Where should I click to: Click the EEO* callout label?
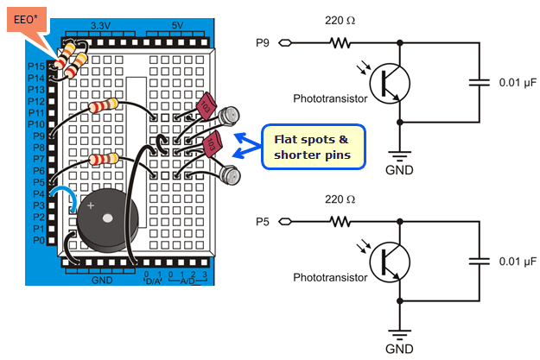tap(29, 17)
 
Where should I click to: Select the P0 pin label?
tap(37, 240)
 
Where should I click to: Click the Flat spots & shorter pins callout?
tap(314, 147)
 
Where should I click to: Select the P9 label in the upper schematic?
tap(264, 42)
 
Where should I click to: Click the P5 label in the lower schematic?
tap(264, 221)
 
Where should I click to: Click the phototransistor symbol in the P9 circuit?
tap(390, 83)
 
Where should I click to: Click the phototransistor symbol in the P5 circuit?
tap(390, 262)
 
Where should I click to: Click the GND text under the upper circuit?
tap(398, 170)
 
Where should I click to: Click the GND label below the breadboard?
tap(102, 279)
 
